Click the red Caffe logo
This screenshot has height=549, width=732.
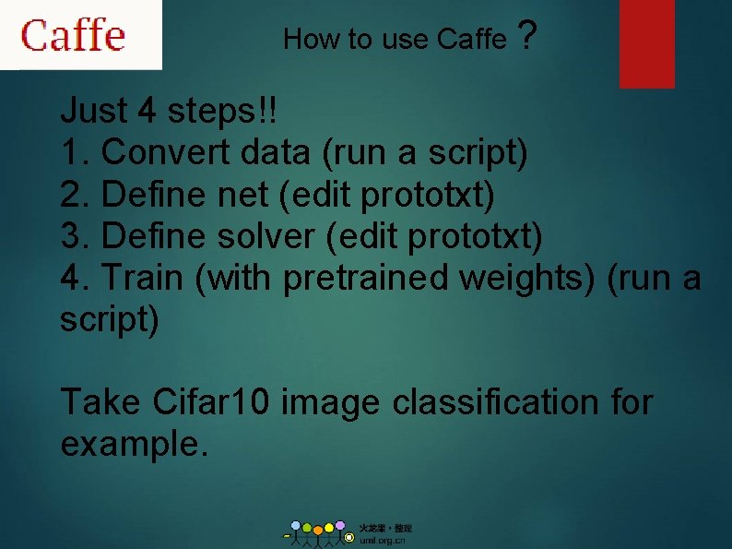coord(74,35)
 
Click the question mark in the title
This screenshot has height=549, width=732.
coord(526,37)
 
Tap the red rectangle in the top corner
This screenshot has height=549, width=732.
coord(646,42)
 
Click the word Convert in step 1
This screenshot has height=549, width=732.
coord(165,152)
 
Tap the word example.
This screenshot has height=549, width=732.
coord(134,445)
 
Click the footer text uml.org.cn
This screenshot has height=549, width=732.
coord(382,540)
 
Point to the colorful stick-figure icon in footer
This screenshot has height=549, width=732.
coord(318,532)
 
